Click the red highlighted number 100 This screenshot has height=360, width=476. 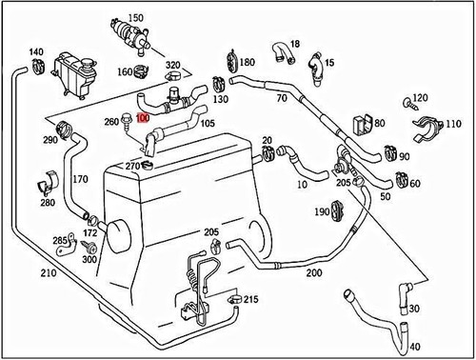tap(142, 119)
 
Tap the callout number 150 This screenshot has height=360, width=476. tap(136, 18)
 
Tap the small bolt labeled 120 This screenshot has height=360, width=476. tap(407, 101)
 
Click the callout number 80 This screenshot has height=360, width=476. tap(379, 124)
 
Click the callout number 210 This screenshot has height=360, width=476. tap(20, 273)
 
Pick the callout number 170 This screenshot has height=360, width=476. tap(81, 178)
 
